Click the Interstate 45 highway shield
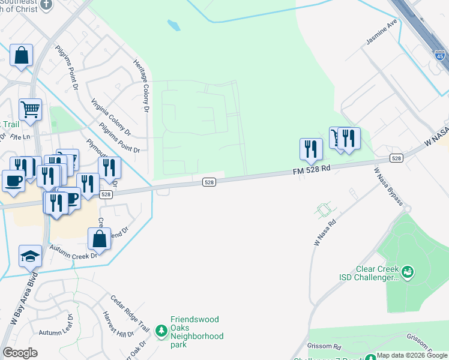439,56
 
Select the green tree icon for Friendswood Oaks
161,331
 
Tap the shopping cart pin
30,109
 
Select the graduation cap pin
30,256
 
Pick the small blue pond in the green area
174,26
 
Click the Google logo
20,353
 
